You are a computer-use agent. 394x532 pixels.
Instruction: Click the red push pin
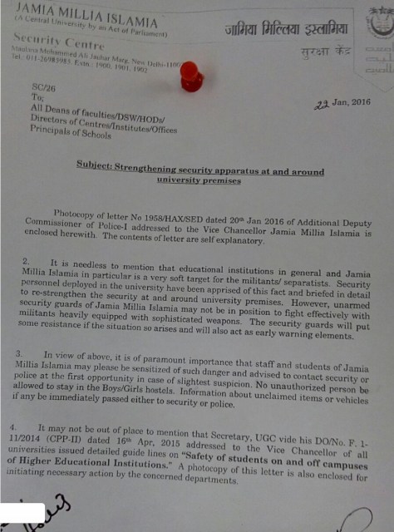[191, 76]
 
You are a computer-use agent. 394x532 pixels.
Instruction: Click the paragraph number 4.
[24, 424]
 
